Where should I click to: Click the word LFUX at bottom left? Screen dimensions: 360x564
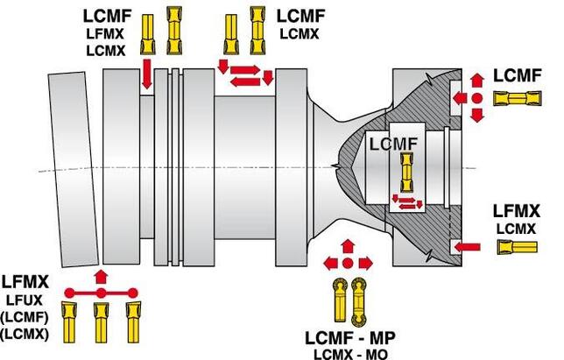25,300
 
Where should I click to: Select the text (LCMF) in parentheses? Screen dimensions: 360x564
25,317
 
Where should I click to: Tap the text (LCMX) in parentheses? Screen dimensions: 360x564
25,334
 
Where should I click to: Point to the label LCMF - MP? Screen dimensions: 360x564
348,337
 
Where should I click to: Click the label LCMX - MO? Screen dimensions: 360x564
348,353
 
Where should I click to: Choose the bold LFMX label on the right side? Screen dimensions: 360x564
517,211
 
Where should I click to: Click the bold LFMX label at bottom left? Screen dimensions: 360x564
25,282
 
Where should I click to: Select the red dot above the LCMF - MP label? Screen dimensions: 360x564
347,262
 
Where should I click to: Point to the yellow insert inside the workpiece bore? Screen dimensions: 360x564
405,173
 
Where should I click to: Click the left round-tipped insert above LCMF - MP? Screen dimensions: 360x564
338,302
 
